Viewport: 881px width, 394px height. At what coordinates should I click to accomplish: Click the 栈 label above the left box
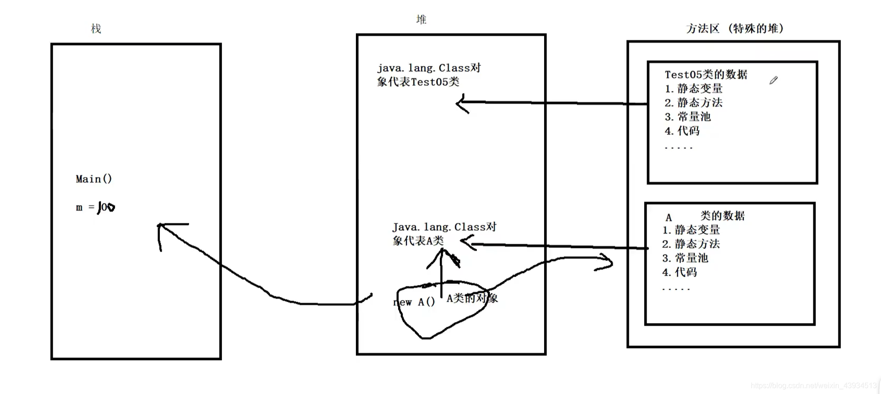(96, 29)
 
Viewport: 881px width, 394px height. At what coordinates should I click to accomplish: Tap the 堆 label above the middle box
(421, 19)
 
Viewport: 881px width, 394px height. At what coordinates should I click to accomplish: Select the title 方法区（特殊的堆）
(735, 29)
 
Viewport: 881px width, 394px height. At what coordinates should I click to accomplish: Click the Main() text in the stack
(94, 179)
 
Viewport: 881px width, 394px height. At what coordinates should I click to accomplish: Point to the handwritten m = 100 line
(95, 207)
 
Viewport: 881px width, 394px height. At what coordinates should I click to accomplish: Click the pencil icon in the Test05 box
(773, 81)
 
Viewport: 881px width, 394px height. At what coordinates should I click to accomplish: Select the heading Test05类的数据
(706, 75)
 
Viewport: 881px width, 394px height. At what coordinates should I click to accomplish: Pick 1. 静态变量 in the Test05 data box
(693, 89)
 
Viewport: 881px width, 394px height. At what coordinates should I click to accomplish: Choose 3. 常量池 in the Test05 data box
(688, 117)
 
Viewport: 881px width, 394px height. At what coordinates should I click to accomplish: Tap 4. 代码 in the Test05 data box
(682, 131)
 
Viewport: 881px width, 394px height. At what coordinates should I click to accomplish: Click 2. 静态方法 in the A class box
(691, 244)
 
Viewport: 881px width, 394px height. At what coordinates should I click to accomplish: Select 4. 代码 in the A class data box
(679, 272)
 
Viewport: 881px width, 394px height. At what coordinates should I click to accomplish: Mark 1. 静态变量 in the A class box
(691, 230)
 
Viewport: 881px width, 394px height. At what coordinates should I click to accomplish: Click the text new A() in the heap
(414, 302)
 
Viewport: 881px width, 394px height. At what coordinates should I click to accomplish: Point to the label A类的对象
(472, 299)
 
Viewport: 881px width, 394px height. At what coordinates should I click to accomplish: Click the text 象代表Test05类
(418, 82)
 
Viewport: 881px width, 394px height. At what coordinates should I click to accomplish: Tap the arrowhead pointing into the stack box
(160, 226)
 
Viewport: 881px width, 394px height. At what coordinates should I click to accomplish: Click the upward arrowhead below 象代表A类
(442, 253)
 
